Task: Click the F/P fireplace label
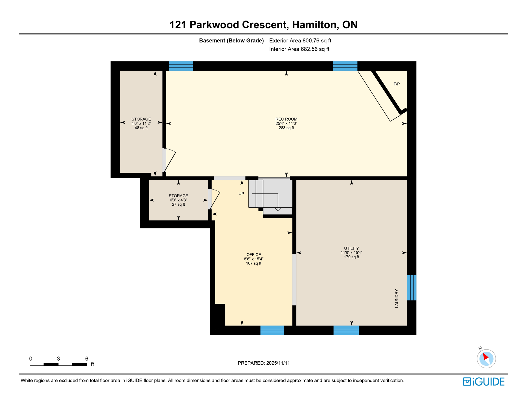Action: tap(396, 84)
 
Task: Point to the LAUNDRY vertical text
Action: tap(397, 298)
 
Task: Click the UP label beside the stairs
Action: tap(241, 194)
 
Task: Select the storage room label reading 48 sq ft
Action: tap(141, 123)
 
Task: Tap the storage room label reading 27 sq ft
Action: tap(178, 200)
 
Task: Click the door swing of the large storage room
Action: tap(170, 161)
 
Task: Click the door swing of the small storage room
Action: tap(215, 199)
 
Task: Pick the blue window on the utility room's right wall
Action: tap(411, 287)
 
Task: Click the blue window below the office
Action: tap(272, 330)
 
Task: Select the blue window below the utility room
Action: tap(346, 330)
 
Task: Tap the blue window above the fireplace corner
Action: tap(345, 66)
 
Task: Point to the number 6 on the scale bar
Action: tap(87, 359)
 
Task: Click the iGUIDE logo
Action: tap(484, 382)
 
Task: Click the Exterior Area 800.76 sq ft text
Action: tap(300, 41)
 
